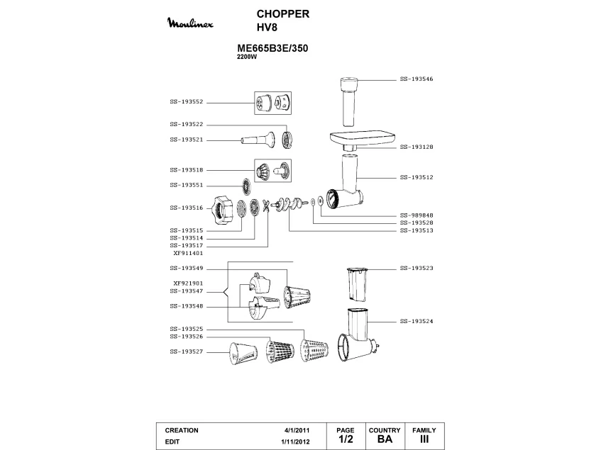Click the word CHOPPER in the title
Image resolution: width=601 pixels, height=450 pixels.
[x=282, y=14]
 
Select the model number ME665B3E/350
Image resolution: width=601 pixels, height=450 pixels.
[x=272, y=49]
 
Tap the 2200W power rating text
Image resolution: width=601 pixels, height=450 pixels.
[x=246, y=57]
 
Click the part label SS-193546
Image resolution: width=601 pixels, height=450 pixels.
[x=417, y=79]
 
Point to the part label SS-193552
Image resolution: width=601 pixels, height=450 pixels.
[x=187, y=101]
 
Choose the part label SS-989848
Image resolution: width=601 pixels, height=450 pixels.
[x=417, y=215]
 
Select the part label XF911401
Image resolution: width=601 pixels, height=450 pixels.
[x=189, y=252]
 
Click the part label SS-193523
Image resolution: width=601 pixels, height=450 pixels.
[x=417, y=268]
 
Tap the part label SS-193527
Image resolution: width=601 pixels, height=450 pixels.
[x=187, y=351]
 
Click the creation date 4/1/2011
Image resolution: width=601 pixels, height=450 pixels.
[x=297, y=430]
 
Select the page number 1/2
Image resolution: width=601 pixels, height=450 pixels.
[x=346, y=439]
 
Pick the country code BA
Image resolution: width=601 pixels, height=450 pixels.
[x=385, y=439]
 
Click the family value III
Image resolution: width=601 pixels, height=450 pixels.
[x=424, y=439]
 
